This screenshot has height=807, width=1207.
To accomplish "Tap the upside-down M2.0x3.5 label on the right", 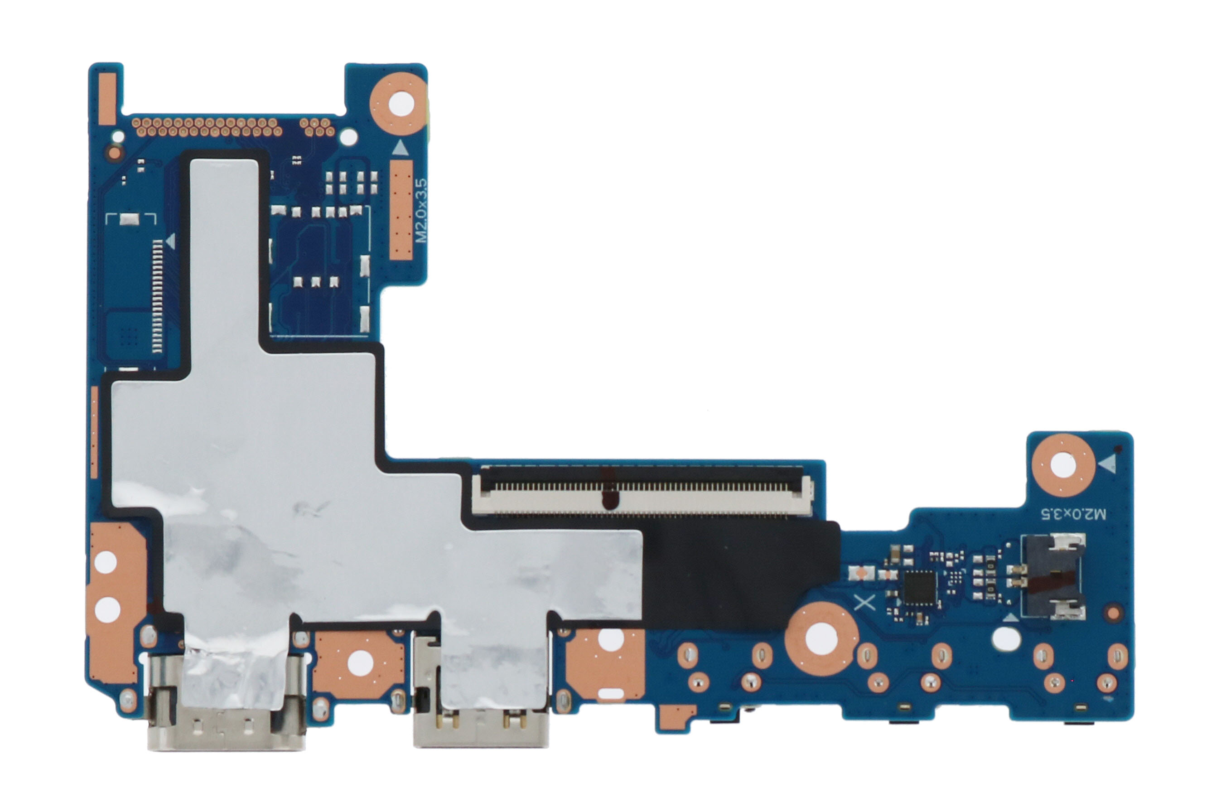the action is (x=1073, y=514).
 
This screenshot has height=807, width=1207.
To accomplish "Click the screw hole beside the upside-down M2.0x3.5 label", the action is (x=1063, y=465).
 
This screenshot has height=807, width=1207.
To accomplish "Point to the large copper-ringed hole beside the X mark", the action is (x=821, y=639).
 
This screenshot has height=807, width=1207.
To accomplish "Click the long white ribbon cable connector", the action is (x=642, y=490).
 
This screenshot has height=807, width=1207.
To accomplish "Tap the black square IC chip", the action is (x=920, y=588).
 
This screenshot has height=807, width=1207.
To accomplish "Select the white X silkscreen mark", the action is (x=864, y=603).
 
